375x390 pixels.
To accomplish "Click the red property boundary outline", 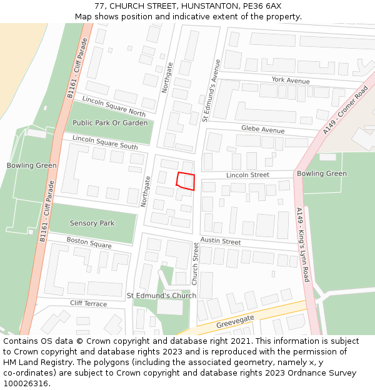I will tap(186, 181).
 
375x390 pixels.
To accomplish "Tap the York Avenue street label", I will tap(291, 80).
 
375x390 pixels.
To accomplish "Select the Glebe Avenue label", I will tap(262, 129).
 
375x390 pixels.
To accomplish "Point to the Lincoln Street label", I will tap(247, 175).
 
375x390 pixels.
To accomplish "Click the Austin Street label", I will tap(221, 241).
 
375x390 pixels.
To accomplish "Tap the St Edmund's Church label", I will tap(161, 295).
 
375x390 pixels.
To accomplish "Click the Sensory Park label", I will tap(92, 223).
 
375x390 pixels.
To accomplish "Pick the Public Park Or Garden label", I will tap(110, 123).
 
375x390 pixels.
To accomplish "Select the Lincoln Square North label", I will tap(114, 107).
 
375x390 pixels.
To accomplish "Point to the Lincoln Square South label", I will tap(105, 142).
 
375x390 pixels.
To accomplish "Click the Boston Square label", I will tap(89, 242).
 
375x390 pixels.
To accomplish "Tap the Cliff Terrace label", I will tap(88, 304).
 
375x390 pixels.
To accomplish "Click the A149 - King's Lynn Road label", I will tap(303, 245).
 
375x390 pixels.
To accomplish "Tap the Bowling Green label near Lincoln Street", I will tap(321, 173).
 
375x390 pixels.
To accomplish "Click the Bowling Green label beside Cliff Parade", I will tap(31, 165).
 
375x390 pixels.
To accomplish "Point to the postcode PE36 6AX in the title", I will tap(261, 6).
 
